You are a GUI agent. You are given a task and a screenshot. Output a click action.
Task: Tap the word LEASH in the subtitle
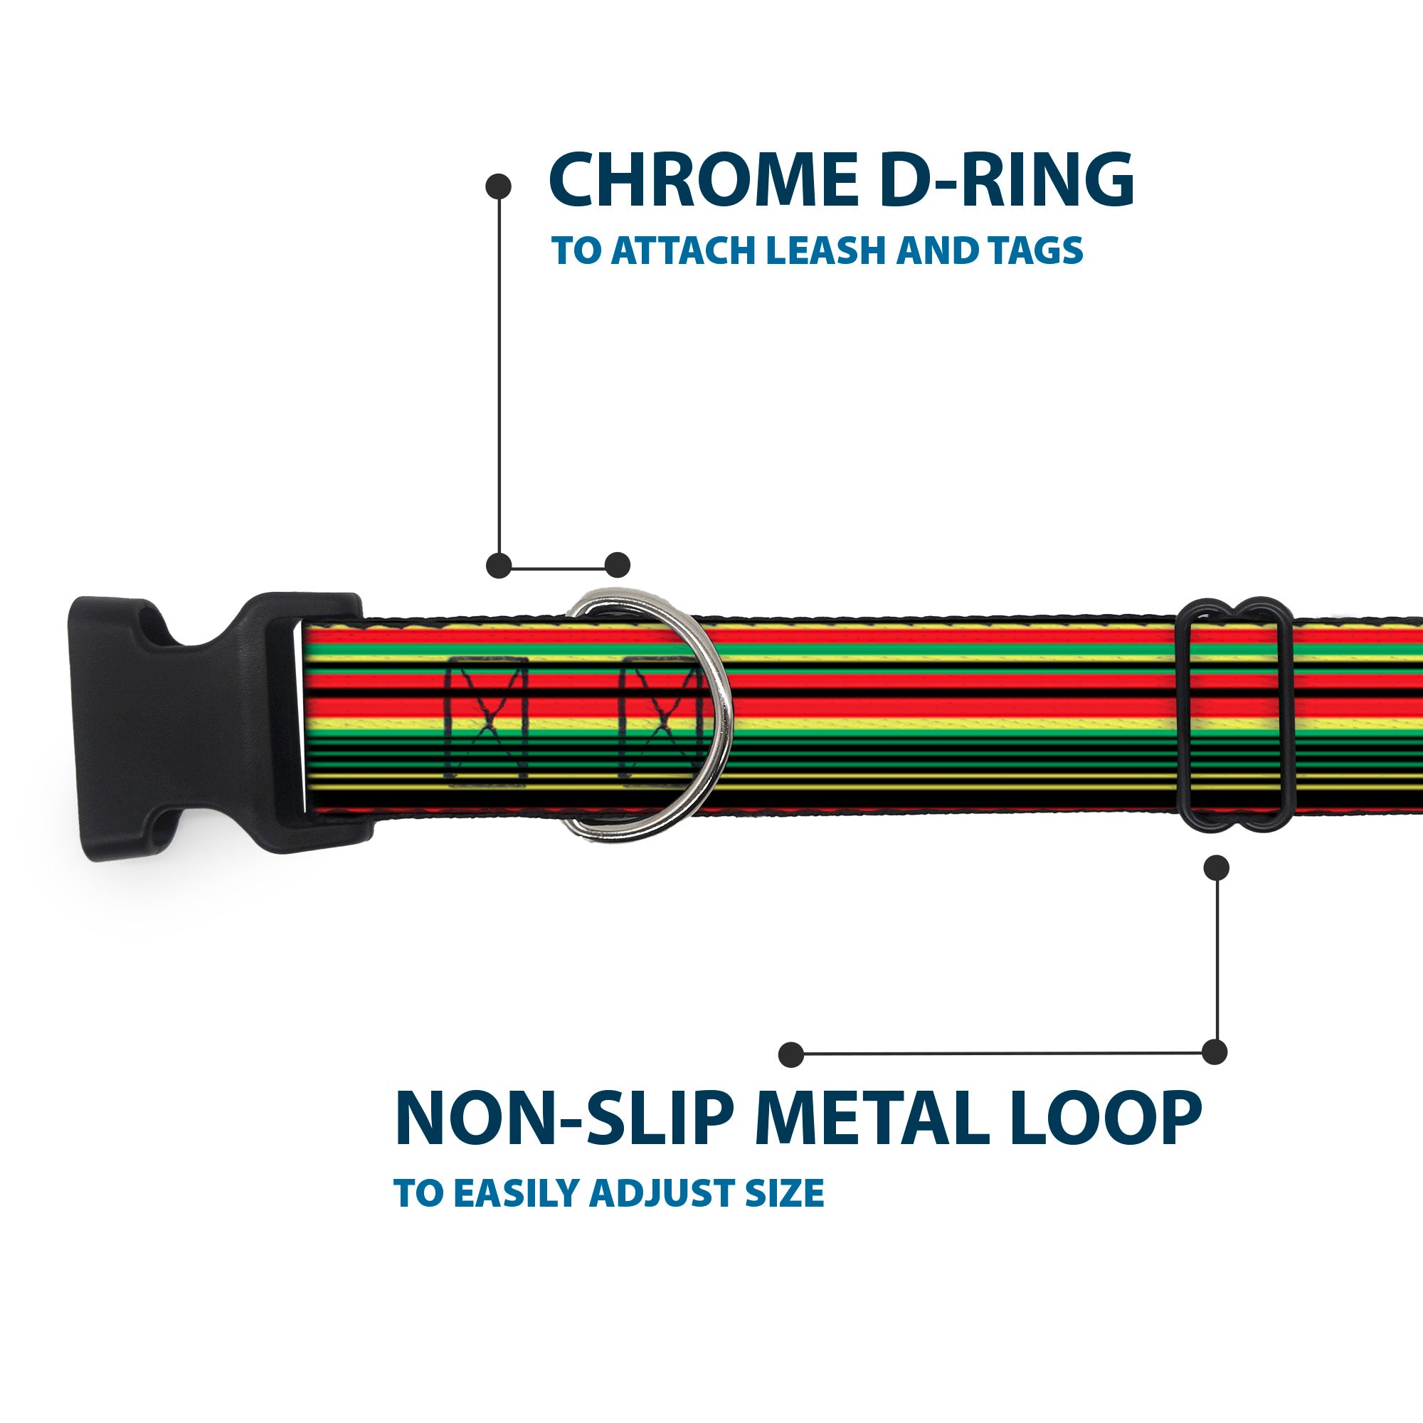click(x=825, y=250)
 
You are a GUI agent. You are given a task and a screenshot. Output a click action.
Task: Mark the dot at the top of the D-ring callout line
click(x=499, y=186)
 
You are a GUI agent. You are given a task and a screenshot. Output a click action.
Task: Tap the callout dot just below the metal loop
click(x=1216, y=867)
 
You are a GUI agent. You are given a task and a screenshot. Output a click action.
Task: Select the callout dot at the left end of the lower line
click(x=791, y=1054)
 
